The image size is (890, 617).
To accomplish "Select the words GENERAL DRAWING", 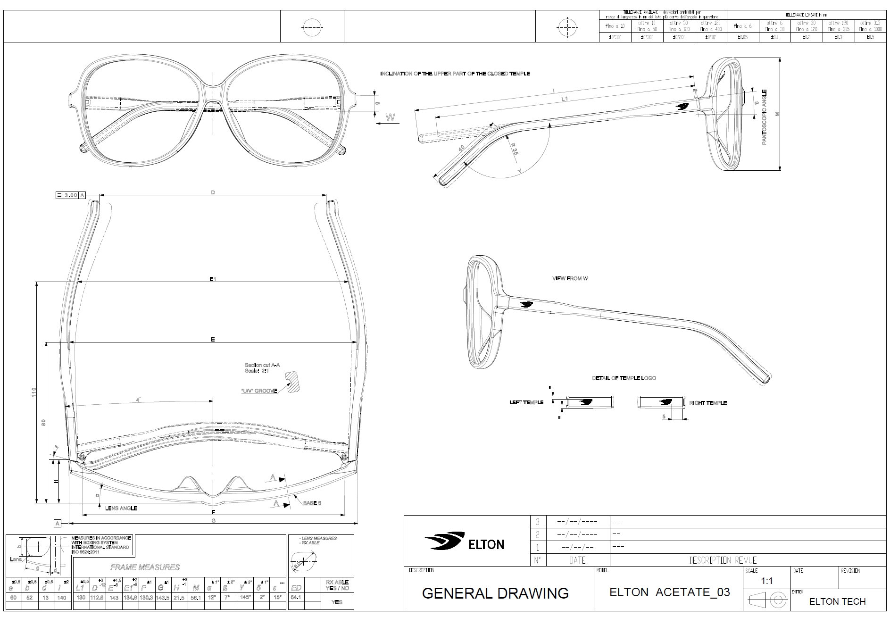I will pos(495,593).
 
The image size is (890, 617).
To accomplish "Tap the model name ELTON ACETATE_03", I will pos(670,592).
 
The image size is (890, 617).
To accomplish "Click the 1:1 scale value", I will pos(767,581).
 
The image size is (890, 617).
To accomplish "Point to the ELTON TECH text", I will pos(837,601).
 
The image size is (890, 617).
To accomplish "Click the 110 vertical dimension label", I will pos(33,392).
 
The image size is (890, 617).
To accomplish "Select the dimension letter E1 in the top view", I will pos(213,279).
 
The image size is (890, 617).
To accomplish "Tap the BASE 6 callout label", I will pos(312,503).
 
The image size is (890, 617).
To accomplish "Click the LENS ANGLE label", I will pos(121,508).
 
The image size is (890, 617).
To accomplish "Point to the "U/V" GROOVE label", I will pos(258,391).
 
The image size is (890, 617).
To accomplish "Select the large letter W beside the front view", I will pos(391,117).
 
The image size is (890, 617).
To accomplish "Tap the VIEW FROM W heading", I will pos(570,278).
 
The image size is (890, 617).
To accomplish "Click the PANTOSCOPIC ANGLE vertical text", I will pos(765,117).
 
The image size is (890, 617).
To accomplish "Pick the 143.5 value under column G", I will pos(161,597).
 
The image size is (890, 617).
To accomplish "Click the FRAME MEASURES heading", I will pos(145,567).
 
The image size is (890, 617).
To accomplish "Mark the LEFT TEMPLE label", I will pos(526,402).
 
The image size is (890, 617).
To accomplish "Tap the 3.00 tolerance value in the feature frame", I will pos(71,195).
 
